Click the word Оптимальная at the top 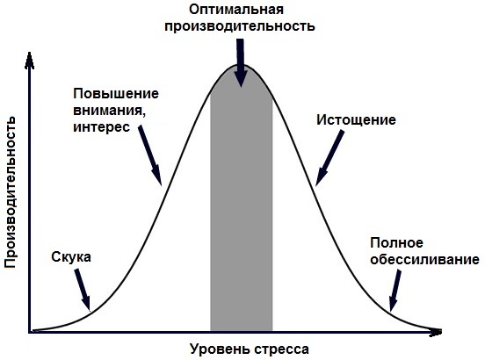point(236,10)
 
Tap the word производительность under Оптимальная point(240,26)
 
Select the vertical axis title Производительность point(11,192)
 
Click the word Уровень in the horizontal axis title point(220,349)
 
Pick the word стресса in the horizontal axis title point(281,349)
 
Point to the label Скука point(71,257)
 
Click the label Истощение point(356,120)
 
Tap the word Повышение point(116,94)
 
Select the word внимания point(109,111)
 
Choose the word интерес point(101,127)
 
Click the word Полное point(396,243)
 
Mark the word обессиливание point(424,260)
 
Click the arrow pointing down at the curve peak point(241,62)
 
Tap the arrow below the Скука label point(83,290)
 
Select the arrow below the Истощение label point(329,158)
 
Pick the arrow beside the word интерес point(149,155)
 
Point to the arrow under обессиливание point(395,291)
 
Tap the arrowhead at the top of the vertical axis point(29,61)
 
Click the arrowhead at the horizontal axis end point(436,332)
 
